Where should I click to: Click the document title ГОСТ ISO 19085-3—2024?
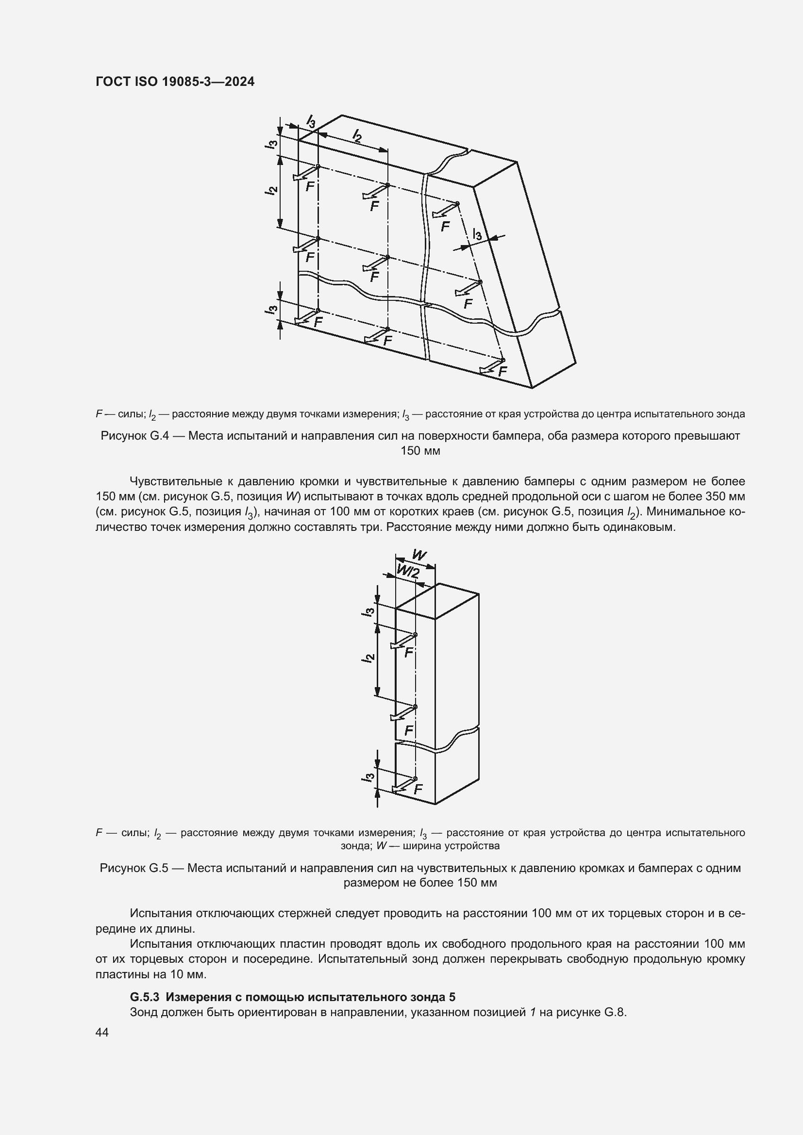pos(175,82)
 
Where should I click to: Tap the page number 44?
pos(102,1032)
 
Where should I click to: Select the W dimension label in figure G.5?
pos(419,556)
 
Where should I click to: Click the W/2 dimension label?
pos(408,573)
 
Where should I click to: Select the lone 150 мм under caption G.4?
pos(420,451)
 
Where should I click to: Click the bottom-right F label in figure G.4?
pos(502,371)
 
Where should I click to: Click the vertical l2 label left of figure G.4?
pos(271,191)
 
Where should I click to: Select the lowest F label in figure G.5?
pos(418,790)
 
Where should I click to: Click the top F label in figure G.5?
pos(408,653)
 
